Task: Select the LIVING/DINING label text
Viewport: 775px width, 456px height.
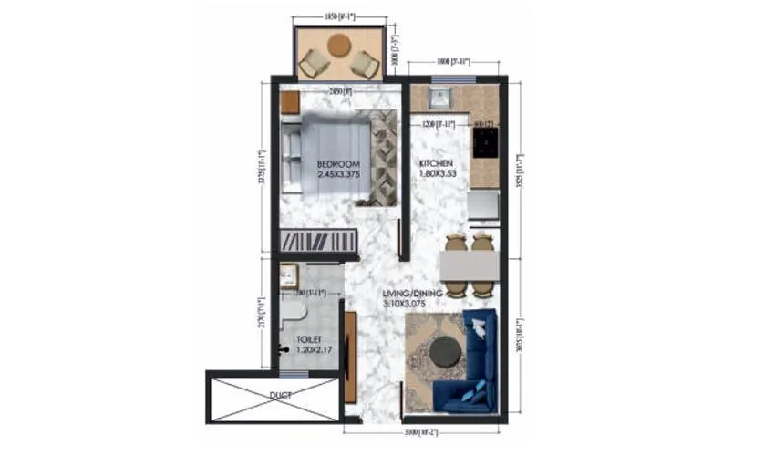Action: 412,293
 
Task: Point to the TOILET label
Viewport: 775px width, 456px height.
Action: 308,338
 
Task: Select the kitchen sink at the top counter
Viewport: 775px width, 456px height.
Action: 439,98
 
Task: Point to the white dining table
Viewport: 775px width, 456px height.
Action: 469,264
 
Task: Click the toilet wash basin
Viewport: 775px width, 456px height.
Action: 287,276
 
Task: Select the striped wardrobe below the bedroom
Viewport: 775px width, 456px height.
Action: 318,241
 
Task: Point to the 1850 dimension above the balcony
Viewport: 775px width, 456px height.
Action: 340,16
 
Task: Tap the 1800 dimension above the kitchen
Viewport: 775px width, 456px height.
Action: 452,62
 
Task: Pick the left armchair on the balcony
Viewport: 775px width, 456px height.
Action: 312,63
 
